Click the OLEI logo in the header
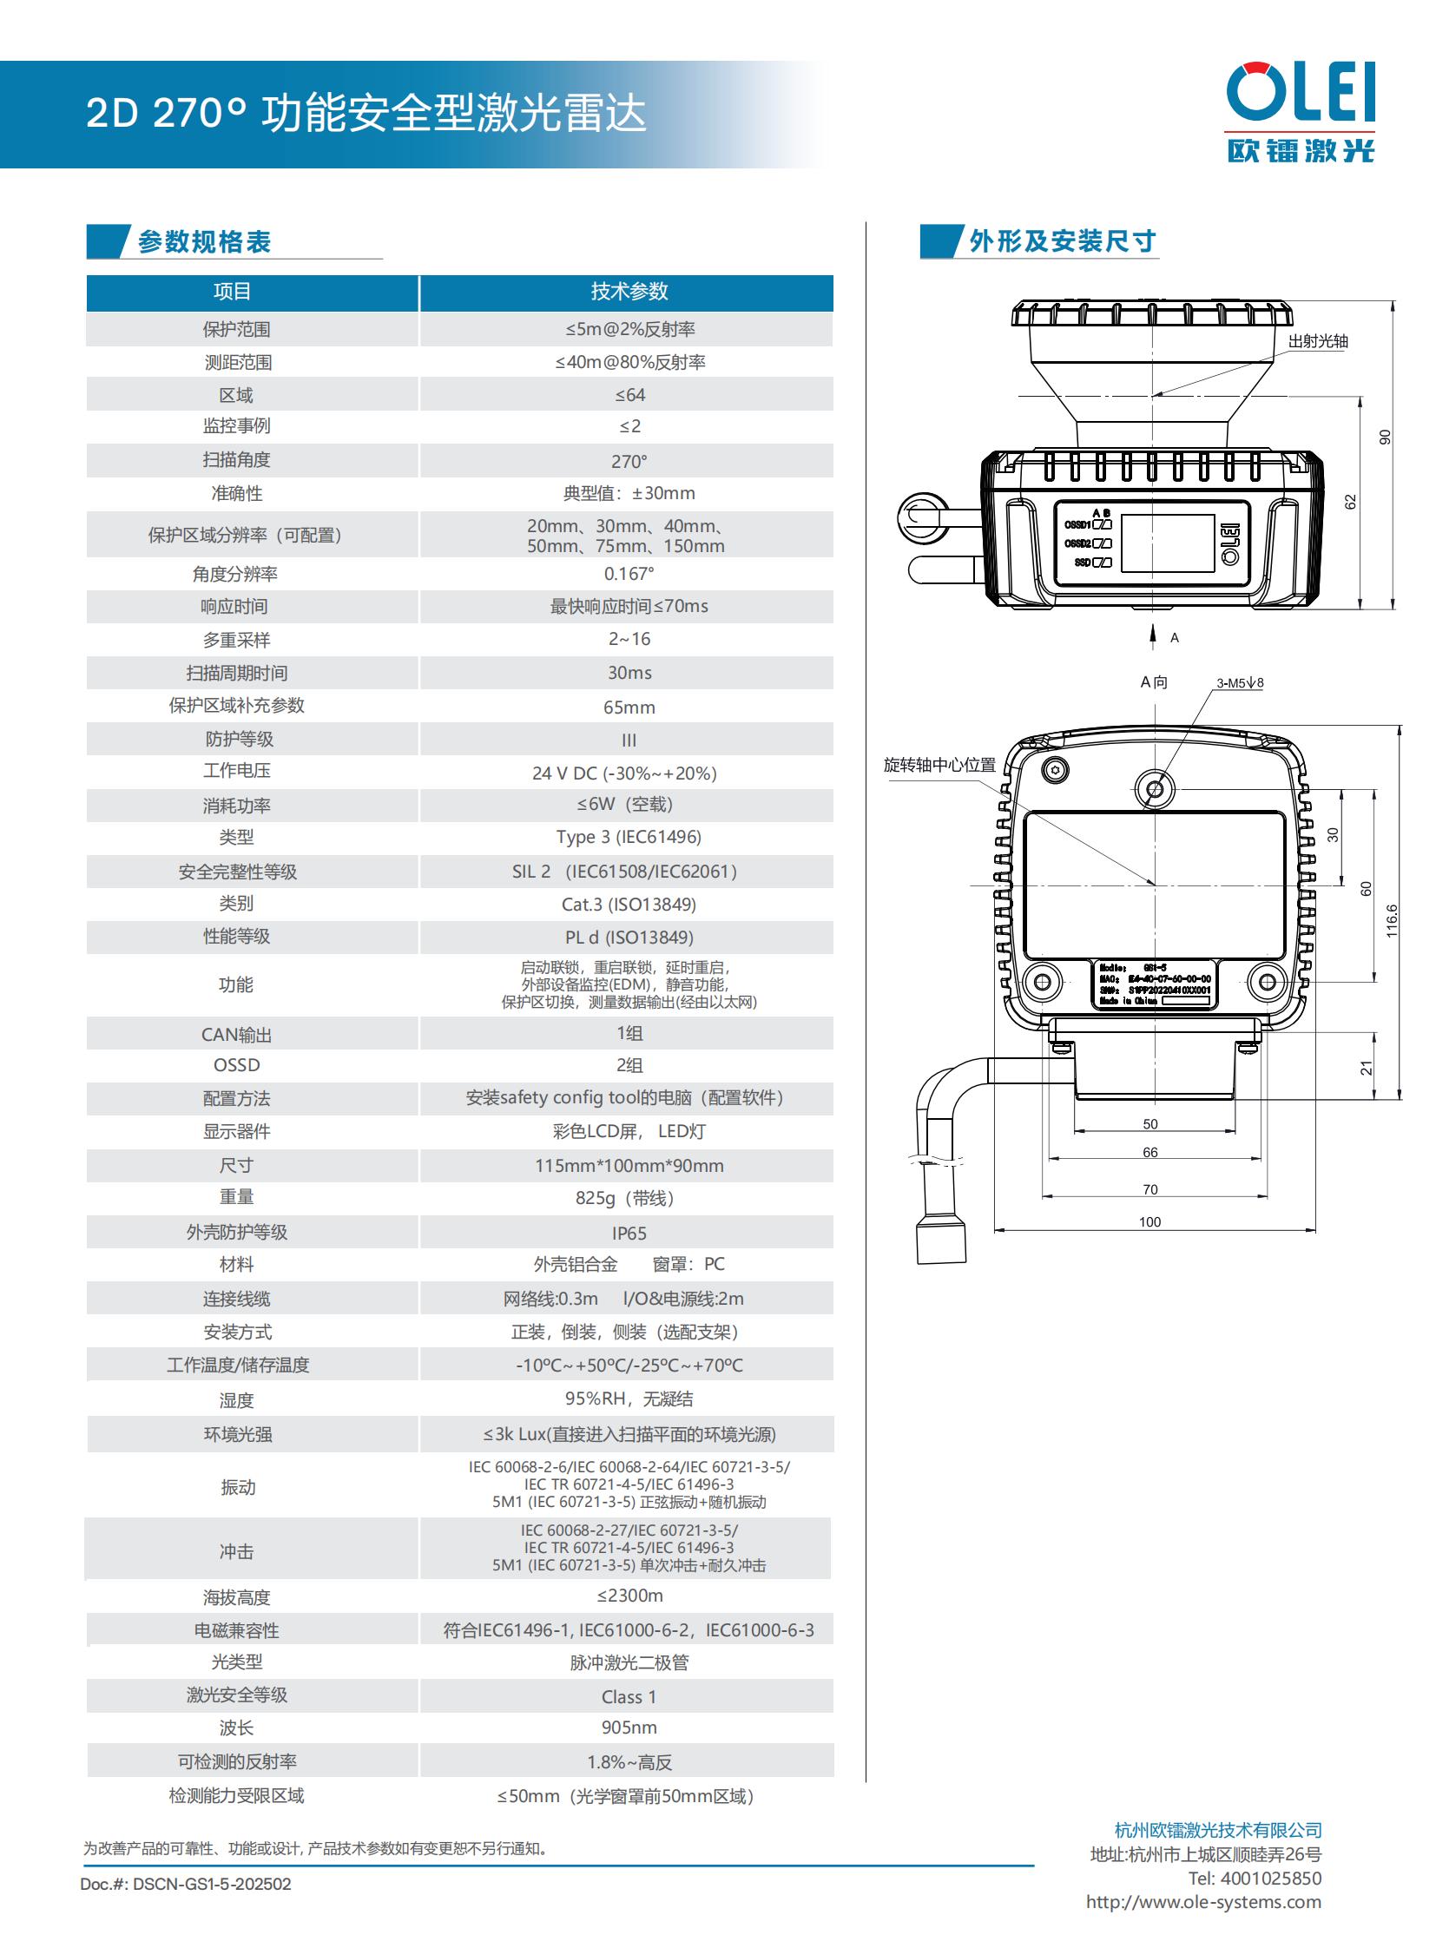coord(1301,111)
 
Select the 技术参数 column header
coord(629,292)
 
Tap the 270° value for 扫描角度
coord(629,462)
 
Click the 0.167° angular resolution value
coord(629,574)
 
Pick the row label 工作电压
coord(236,771)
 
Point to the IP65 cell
coord(629,1234)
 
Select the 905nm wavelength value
coord(629,1728)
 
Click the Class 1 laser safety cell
coord(629,1696)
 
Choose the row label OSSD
coord(236,1065)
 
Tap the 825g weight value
coord(626,1198)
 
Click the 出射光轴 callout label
coord(1317,342)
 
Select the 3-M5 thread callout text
coord(1240,683)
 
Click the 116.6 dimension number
coord(1392,920)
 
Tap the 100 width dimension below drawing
coord(1149,1222)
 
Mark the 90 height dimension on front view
coord(1385,437)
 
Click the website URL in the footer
coord(1203,1901)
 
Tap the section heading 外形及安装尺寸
coord(1061,240)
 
